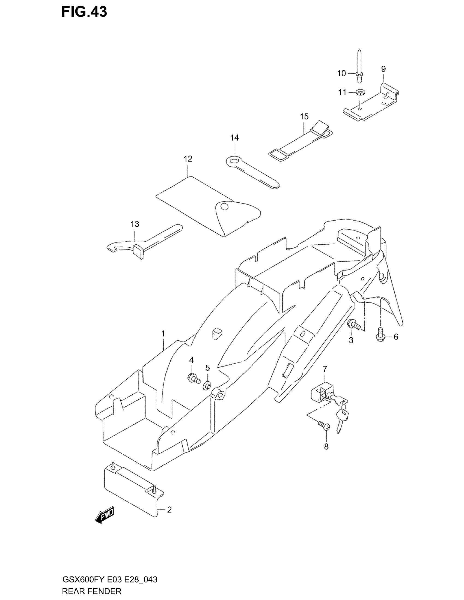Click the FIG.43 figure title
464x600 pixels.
(84, 12)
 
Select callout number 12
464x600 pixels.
(188, 159)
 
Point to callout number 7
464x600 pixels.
(325, 369)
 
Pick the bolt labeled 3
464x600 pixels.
(353, 325)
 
